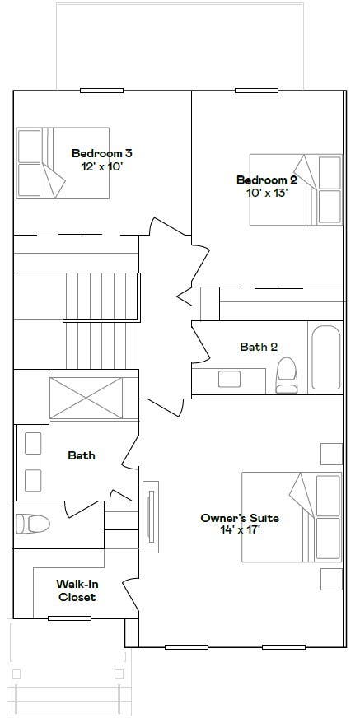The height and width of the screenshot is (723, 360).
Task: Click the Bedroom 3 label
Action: (102, 153)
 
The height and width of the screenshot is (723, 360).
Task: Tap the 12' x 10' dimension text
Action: (102, 166)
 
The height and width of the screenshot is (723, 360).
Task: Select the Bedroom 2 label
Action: (267, 180)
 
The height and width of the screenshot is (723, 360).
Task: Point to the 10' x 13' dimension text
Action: (267, 194)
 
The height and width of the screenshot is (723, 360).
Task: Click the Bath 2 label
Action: (259, 347)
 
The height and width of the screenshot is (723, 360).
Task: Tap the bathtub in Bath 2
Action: (325, 358)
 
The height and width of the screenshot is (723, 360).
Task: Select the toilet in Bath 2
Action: (286, 375)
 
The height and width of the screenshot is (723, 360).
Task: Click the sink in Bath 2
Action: (229, 379)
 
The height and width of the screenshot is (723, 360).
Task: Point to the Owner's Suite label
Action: (240, 518)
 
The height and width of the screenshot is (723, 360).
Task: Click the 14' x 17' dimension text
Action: (240, 531)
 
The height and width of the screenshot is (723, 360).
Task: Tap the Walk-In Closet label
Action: (77, 590)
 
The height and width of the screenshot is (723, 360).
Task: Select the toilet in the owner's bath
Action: (33, 525)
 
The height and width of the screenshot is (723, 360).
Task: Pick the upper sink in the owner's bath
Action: (33, 443)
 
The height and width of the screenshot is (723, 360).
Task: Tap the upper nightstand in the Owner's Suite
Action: (331, 455)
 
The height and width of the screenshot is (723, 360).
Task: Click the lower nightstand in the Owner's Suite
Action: (331, 579)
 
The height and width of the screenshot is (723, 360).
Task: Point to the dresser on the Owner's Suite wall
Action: (151, 517)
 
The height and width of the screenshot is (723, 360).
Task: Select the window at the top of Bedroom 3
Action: (101, 91)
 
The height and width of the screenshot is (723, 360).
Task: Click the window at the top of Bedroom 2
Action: (257, 91)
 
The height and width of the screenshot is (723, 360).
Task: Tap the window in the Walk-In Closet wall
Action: (69, 618)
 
